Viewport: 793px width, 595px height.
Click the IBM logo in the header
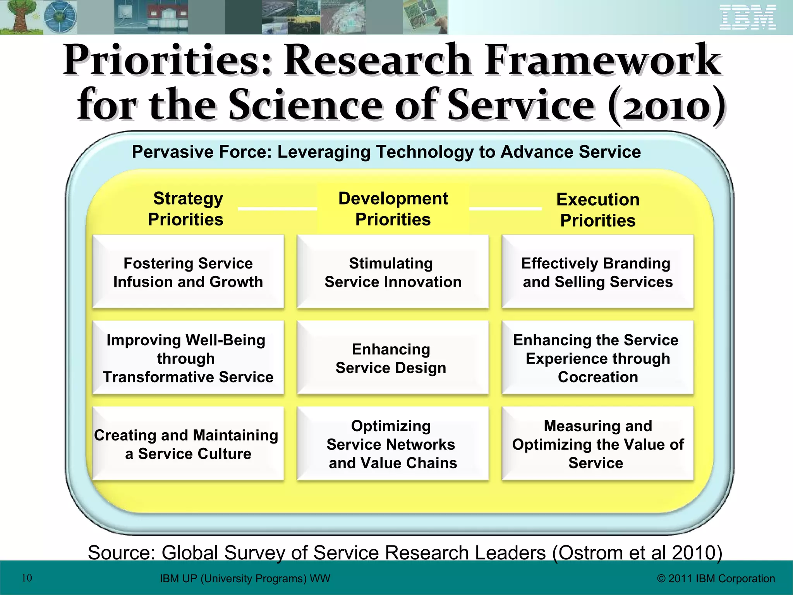[x=748, y=17]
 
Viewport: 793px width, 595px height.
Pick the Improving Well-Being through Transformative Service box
[x=188, y=358]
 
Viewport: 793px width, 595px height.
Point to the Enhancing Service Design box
[x=393, y=358]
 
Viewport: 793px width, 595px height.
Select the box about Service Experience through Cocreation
[x=597, y=358]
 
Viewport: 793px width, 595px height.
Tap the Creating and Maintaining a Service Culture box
[x=188, y=444]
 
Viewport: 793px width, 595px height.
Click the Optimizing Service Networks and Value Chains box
[x=393, y=444]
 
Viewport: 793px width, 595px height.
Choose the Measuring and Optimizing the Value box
[x=597, y=444]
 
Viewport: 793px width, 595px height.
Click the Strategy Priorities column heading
[x=186, y=209]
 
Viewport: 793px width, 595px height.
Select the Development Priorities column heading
[x=393, y=209]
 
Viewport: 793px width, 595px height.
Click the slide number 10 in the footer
[x=27, y=578]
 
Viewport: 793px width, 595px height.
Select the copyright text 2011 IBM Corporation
[x=716, y=578]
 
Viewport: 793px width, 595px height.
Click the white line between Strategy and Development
[x=277, y=209]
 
